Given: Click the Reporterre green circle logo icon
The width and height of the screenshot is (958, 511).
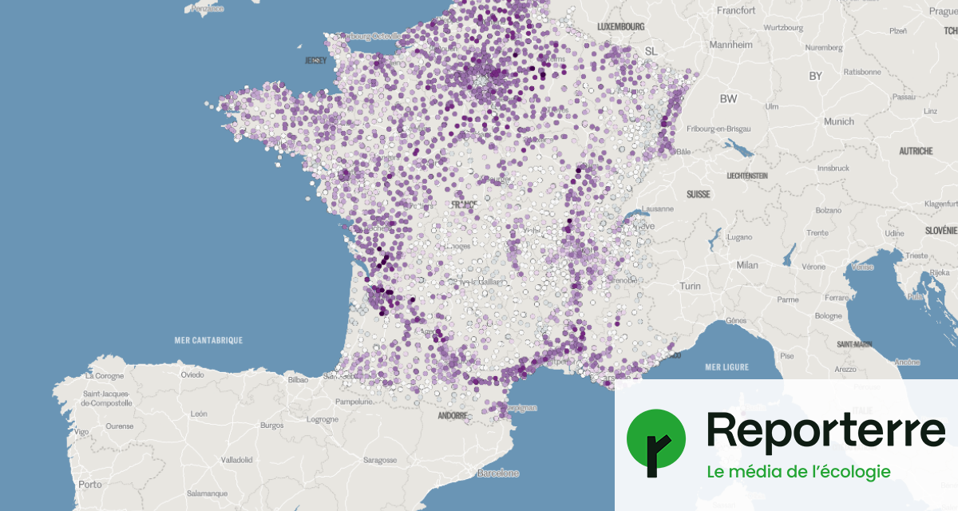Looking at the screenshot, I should pos(655,438).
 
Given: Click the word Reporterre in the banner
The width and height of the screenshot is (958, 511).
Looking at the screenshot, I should pos(825,431).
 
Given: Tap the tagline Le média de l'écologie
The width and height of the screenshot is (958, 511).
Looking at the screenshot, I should pos(798,472).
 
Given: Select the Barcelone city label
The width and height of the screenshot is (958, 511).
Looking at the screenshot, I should pos(497,473).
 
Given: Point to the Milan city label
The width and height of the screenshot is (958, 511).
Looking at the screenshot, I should pos(747,265).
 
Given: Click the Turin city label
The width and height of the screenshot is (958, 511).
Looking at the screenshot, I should pos(690,286).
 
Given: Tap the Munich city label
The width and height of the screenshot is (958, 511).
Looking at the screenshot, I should pos(839,121).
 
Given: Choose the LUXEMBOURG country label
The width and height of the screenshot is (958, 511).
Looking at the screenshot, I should pos(620,26).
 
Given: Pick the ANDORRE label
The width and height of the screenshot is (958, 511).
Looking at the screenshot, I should pos(453,416).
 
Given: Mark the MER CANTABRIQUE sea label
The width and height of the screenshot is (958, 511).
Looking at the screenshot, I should pos(208,340).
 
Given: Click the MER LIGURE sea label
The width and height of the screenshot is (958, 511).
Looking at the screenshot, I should pos(726,367).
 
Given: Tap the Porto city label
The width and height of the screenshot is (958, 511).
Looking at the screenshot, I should pos(90,485).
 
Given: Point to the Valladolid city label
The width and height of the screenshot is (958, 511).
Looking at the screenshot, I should pos(237,460).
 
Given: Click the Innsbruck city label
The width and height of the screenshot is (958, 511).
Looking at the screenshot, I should pos(833,168).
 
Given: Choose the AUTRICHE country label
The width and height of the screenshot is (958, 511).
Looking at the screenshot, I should pos(916,151).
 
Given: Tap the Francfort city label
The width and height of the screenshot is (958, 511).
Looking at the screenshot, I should pos(736,11).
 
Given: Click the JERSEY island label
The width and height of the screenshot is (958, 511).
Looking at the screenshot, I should pos(316,60).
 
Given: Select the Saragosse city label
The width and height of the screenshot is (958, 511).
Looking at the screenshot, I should pos(380,460).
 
